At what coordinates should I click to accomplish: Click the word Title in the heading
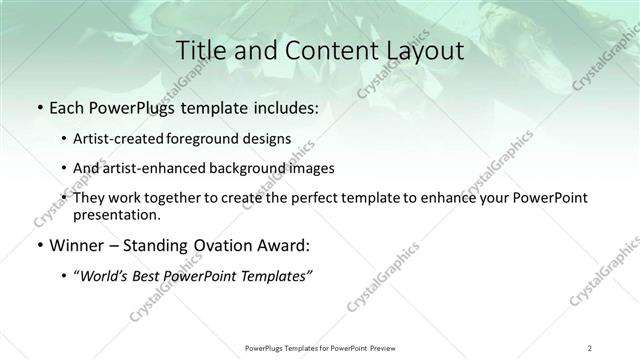(198, 50)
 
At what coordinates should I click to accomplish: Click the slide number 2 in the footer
(589, 348)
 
